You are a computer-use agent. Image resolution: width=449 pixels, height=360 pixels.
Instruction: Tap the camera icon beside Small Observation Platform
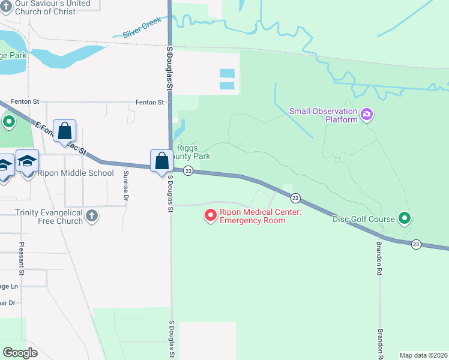pos(367,113)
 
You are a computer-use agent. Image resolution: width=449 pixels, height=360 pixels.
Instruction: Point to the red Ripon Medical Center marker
pos(211,215)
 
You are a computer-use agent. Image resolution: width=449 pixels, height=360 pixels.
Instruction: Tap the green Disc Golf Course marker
pos(405,218)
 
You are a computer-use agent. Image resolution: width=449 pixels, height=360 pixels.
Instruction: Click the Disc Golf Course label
pos(364,219)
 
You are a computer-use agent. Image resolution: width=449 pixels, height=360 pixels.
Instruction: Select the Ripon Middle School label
pos(75,173)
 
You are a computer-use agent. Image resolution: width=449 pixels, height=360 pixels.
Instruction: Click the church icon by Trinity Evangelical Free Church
pos(91,215)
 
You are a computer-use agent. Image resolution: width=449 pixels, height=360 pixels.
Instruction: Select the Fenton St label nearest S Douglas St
pos(149,103)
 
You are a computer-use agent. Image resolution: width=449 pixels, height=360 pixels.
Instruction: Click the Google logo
pos(20,353)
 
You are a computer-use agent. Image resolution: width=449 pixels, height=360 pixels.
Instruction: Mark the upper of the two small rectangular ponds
pos(228,73)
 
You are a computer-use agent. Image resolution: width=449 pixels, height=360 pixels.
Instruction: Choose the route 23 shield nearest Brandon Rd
pos(416,244)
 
